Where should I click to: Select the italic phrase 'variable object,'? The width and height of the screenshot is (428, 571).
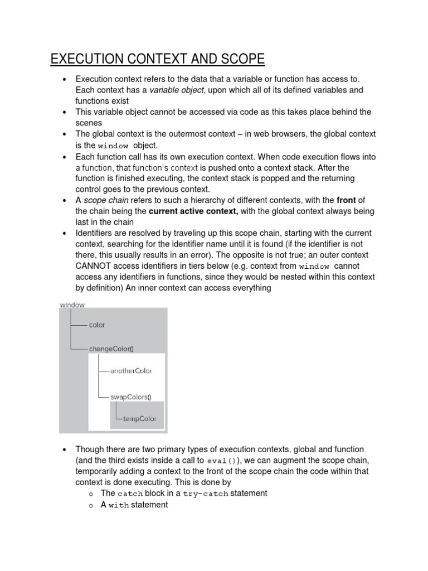point(178,90)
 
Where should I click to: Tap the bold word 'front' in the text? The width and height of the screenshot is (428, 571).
point(346,200)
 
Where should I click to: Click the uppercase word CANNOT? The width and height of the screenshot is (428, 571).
point(94,266)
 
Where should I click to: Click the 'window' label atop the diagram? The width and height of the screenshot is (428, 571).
point(72,305)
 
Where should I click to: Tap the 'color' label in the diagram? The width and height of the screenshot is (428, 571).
point(97,325)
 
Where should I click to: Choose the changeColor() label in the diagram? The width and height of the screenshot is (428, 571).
point(111,349)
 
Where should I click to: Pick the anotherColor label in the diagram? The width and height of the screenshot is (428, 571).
point(132,370)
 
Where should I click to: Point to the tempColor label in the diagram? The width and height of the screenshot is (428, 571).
point(140,419)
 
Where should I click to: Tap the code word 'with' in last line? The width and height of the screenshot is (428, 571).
point(119,505)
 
